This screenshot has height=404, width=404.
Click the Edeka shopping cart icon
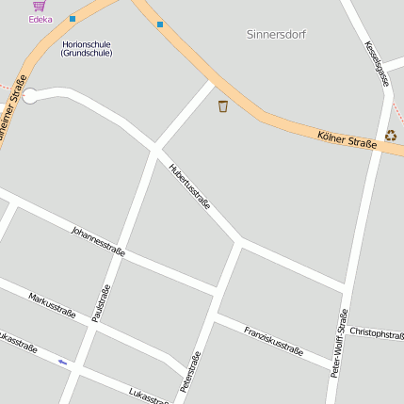[x=39, y=6]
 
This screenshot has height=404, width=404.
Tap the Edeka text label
[x=40, y=19]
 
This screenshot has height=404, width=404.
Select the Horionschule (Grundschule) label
[x=87, y=48]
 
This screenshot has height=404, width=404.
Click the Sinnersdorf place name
[x=277, y=34]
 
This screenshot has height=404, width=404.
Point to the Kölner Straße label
[x=347, y=139]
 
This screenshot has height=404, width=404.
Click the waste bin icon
[x=223, y=106]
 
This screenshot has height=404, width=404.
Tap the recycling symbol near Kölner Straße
[x=391, y=136]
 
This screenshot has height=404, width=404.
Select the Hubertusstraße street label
[x=189, y=186]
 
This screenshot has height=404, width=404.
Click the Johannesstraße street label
[x=98, y=241]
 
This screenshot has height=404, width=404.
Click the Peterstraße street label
[x=190, y=371]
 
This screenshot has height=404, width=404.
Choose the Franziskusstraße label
[x=273, y=341]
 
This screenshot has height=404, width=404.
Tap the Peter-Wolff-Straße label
[x=340, y=343]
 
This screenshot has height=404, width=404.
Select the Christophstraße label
[x=377, y=332]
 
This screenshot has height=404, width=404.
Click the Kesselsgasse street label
[x=378, y=64]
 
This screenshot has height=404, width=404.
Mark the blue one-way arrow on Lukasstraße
[x=63, y=362]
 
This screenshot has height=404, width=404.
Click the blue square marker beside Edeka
[x=73, y=18]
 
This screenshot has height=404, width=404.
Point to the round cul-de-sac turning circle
[x=30, y=96]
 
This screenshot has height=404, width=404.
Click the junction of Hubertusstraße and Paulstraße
[x=155, y=151]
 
